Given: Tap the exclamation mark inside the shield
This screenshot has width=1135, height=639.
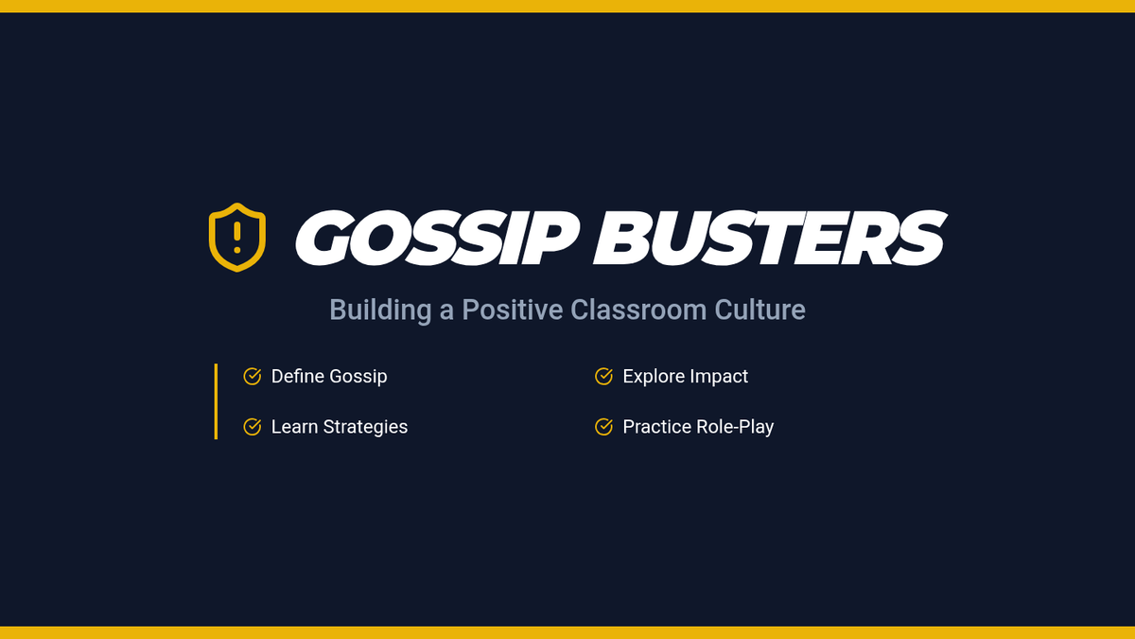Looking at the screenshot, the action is (x=237, y=238).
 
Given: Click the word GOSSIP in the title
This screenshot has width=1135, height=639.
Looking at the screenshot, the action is (x=437, y=238).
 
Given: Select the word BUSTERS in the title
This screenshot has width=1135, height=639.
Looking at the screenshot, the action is (x=770, y=238).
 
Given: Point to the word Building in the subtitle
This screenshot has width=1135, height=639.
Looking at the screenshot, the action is (x=380, y=310).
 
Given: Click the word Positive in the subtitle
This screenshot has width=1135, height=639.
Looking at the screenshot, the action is (x=513, y=310).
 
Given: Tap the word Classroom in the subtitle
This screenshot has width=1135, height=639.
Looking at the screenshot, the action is (x=638, y=310).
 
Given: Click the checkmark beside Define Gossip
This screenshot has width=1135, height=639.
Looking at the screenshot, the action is (x=253, y=377).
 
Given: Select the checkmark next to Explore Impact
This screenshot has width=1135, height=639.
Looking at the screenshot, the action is (x=604, y=377).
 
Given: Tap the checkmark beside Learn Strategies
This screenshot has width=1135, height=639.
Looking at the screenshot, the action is (x=253, y=427).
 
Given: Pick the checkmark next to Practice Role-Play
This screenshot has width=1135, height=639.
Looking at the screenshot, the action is (x=604, y=427).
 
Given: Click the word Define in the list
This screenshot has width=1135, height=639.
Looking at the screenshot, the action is (x=298, y=377).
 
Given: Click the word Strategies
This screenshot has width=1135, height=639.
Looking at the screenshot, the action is (x=365, y=428).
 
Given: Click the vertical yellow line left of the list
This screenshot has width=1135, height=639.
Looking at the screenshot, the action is (x=216, y=401).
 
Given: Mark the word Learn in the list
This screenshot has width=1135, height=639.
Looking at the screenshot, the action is (x=295, y=427).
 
